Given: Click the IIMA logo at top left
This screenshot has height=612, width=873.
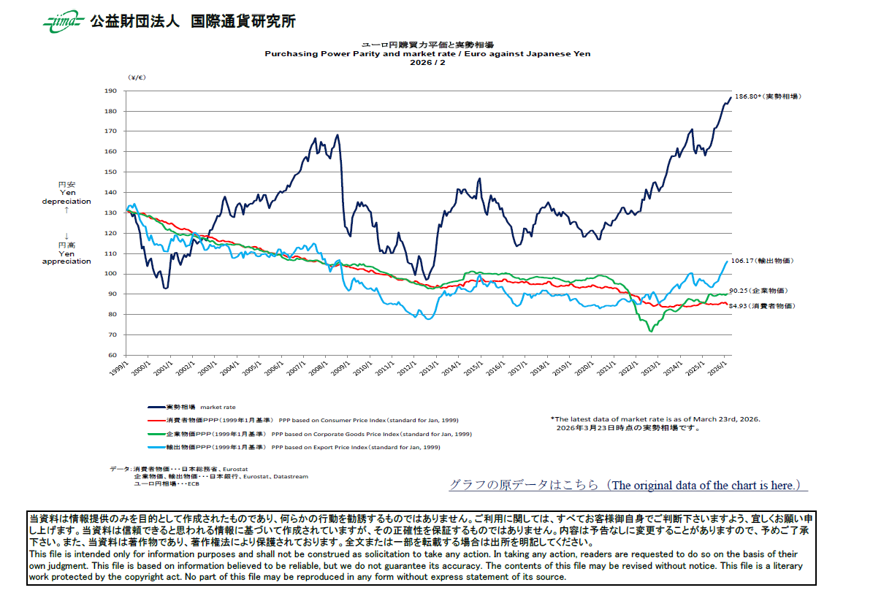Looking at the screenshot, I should (62, 21).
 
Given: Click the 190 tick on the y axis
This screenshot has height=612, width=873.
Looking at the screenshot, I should (111, 91).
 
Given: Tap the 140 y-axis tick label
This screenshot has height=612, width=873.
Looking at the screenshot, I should (111, 193).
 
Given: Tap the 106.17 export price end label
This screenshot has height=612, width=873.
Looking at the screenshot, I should (761, 261).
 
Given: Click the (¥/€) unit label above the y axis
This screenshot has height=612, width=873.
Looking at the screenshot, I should (137, 77).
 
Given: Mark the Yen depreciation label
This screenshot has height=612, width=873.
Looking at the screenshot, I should (66, 197).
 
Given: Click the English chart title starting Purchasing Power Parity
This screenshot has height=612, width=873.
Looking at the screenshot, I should (427, 54).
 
